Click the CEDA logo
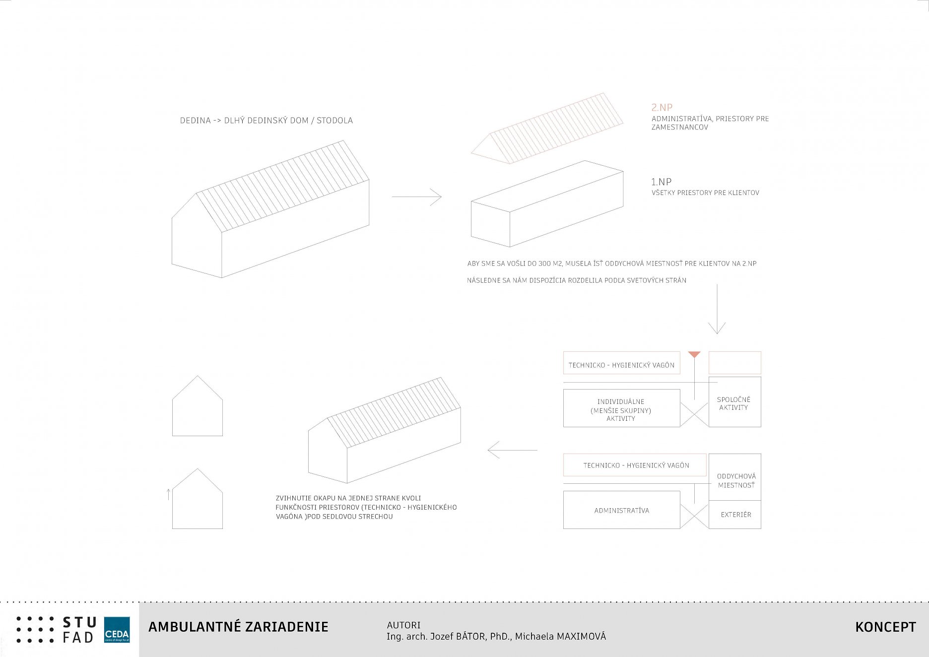click(117, 630)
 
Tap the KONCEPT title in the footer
click(885, 627)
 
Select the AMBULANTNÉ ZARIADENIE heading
click(238, 627)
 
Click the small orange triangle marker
click(694, 354)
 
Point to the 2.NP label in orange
click(662, 107)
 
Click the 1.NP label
click(661, 182)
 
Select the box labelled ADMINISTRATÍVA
click(621, 510)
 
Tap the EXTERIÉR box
click(735, 515)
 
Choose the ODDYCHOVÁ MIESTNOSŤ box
click(735, 477)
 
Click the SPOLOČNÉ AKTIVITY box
click(734, 402)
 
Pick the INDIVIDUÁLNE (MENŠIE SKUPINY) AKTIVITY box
click(621, 408)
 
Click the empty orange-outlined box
click(734, 363)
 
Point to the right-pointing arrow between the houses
click(416, 197)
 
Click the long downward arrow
click(717, 309)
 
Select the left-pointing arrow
click(512, 450)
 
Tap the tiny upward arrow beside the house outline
click(169, 494)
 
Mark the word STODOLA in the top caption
click(334, 121)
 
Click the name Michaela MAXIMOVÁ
click(560, 637)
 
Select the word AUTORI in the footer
click(403, 625)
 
